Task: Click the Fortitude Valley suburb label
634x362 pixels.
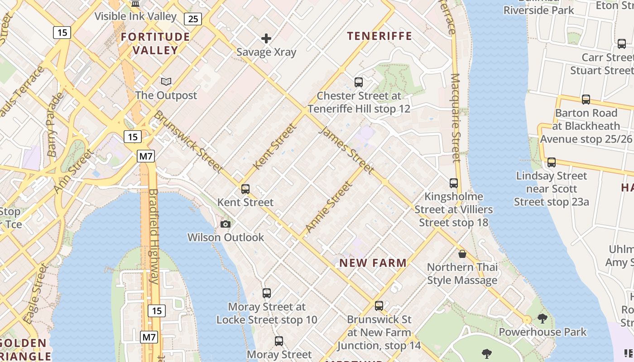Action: pyautogui.click(x=155, y=43)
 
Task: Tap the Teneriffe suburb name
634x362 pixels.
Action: pyautogui.click(x=379, y=36)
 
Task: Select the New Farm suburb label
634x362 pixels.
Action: pyautogui.click(x=373, y=263)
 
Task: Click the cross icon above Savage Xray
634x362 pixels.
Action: pyautogui.click(x=266, y=38)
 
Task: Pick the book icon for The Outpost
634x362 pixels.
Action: pyautogui.click(x=166, y=81)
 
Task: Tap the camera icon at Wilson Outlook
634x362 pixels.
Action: pyautogui.click(x=225, y=224)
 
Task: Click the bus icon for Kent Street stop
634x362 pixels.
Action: pyautogui.click(x=245, y=189)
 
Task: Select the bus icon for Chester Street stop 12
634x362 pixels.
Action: pyautogui.click(x=359, y=82)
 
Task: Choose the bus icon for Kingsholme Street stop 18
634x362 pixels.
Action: pyautogui.click(x=454, y=183)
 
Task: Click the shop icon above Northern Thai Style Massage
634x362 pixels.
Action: pyautogui.click(x=462, y=254)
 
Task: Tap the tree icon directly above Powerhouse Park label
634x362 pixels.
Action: pyautogui.click(x=542, y=319)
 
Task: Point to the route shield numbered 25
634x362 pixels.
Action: pyautogui.click(x=193, y=19)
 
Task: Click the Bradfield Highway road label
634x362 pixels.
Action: pyautogui.click(x=154, y=236)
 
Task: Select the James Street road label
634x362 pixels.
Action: pyautogui.click(x=347, y=150)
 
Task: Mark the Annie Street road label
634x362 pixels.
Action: pyautogui.click(x=329, y=207)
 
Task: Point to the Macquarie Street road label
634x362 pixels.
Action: pyautogui.click(x=456, y=119)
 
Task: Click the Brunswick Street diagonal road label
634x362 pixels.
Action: pyautogui.click(x=188, y=141)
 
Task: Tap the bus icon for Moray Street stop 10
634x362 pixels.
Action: pyautogui.click(x=267, y=293)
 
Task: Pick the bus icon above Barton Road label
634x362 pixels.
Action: pyautogui.click(x=586, y=100)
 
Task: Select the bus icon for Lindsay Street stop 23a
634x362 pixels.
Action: pyautogui.click(x=552, y=162)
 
